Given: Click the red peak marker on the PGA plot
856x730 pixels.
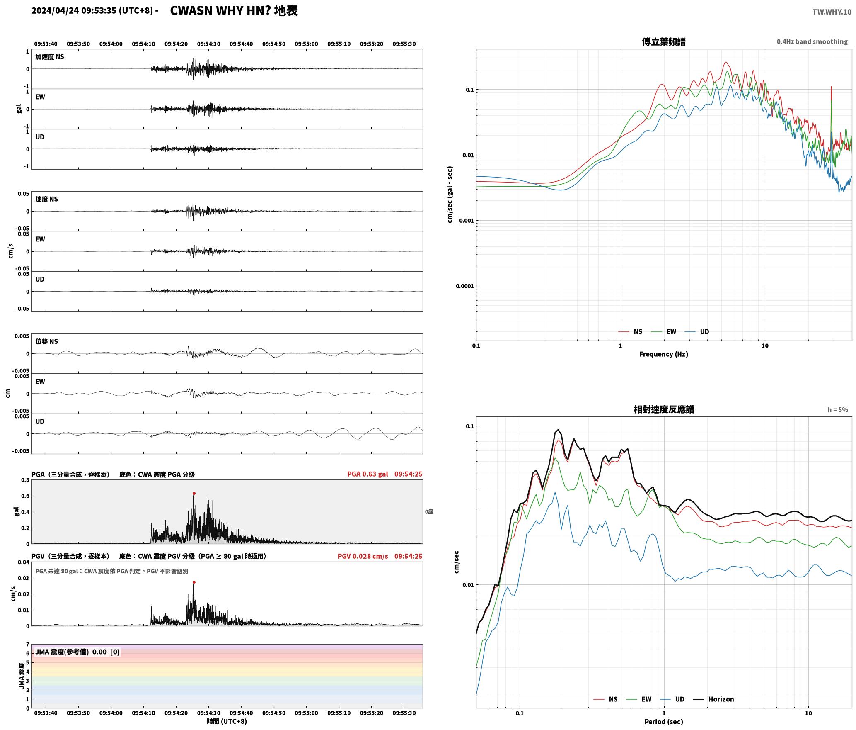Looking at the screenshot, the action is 194,494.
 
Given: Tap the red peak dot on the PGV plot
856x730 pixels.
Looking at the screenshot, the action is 194,582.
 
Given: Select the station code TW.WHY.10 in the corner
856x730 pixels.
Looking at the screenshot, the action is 832,12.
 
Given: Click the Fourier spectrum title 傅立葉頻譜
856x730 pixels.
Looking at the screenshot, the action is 664,42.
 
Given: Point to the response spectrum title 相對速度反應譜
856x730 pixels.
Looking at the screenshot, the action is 664,409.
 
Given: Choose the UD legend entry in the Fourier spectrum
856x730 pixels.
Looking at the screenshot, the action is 697,332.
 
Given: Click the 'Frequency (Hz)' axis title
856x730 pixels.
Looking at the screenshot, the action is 664,354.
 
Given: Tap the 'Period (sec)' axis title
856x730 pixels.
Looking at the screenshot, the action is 664,722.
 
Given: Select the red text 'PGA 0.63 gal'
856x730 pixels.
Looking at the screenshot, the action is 368,474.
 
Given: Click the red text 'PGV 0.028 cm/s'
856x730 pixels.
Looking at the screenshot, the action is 363,556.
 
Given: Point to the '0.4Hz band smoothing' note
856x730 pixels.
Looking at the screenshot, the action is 812,42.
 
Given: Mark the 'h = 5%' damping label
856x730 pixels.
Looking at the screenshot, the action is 838,410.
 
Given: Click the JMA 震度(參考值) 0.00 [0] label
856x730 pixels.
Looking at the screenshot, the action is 77,652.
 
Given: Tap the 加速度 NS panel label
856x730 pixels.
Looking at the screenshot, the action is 50,57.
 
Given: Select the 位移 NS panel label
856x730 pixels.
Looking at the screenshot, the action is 47,341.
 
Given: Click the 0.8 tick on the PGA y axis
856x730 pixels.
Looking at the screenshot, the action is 25,480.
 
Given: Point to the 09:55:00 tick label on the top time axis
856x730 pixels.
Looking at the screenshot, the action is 307,44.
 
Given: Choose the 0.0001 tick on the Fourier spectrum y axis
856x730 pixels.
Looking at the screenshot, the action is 464,286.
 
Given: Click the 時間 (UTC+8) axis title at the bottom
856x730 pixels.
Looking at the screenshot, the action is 227,721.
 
